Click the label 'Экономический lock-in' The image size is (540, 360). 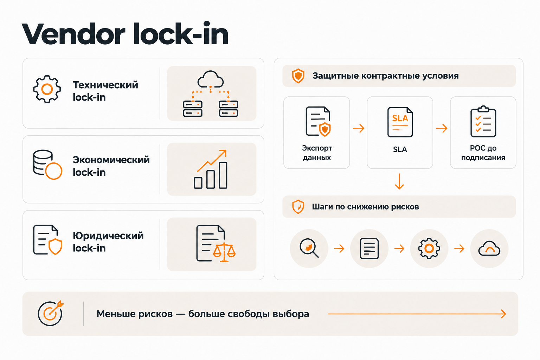click(111, 166)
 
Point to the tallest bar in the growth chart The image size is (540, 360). click(223, 175)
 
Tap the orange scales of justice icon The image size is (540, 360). click(224, 252)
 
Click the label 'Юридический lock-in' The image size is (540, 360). click(108, 242)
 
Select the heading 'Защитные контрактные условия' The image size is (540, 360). click(385, 76)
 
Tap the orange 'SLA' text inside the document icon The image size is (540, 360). click(400, 118)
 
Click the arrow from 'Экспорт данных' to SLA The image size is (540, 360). click(359, 128)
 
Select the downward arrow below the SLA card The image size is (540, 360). click(399, 181)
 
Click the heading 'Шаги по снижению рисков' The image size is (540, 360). click(366, 207)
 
